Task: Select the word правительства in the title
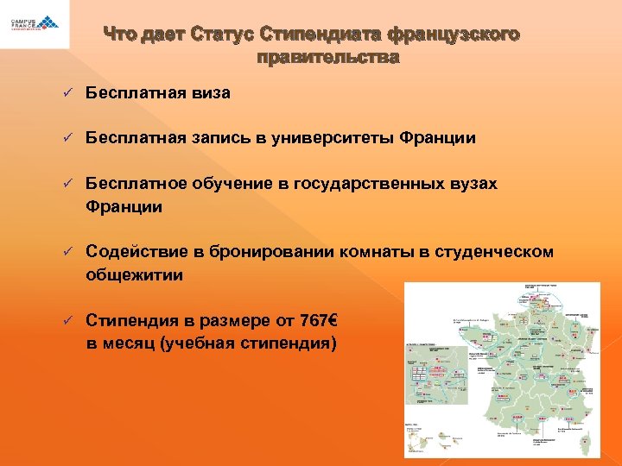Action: (328, 59)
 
